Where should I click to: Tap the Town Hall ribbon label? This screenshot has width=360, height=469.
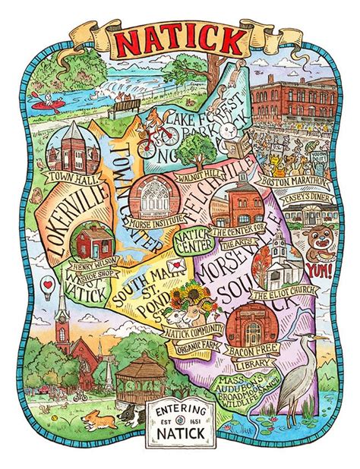pyautogui.click(x=71, y=177)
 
